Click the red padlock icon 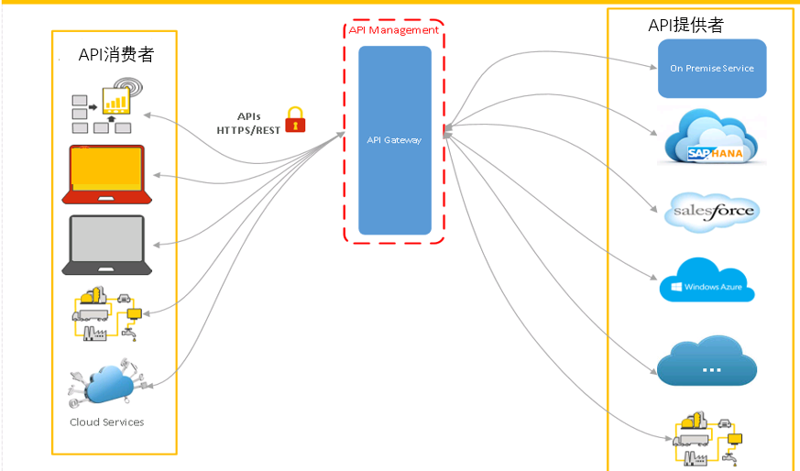tap(294, 119)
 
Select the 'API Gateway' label tap(394, 140)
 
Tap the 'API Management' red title tap(393, 30)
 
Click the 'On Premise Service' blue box tap(712, 69)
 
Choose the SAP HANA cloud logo tap(714, 137)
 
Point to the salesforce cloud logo tap(714, 211)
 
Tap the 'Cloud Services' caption tap(107, 422)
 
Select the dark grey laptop tap(105, 245)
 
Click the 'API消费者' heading tap(116, 54)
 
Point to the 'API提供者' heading tap(685, 26)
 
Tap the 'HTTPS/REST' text tap(248, 130)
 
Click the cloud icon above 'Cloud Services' tap(108, 386)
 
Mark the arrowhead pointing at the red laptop tap(158, 175)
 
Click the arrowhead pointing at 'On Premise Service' tap(652, 67)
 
